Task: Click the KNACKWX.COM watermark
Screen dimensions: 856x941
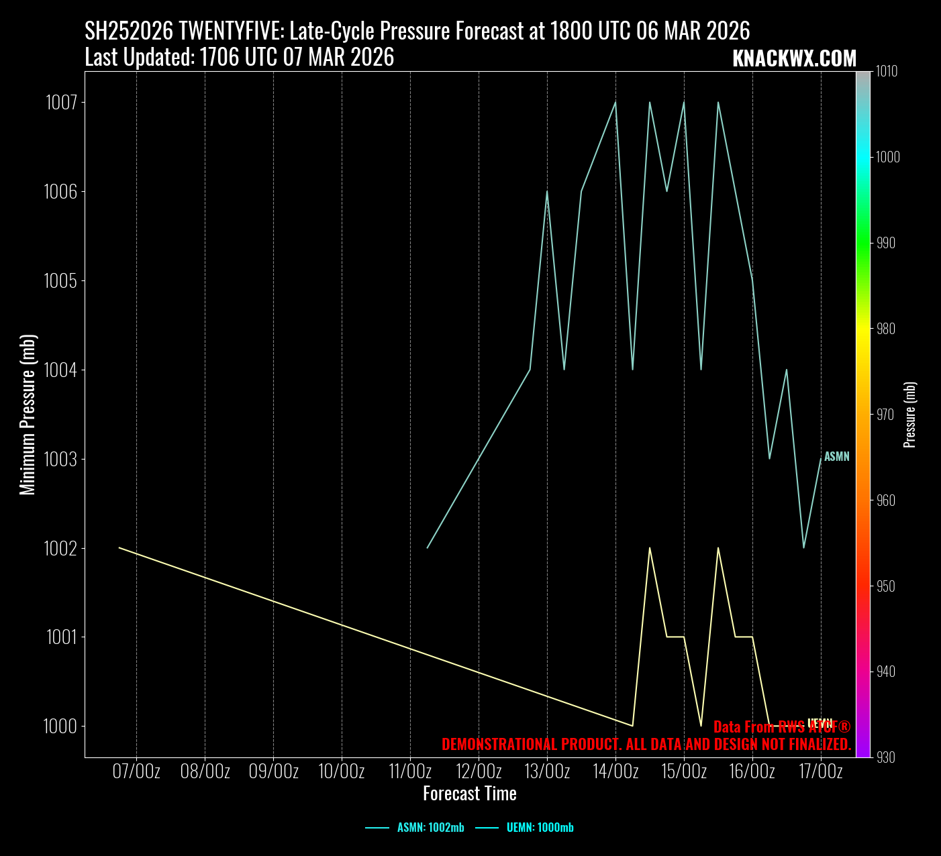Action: (794, 59)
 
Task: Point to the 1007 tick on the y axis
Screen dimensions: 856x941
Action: (61, 103)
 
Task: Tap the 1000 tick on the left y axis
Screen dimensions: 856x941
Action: (61, 726)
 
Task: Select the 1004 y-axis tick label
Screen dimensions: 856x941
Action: (61, 370)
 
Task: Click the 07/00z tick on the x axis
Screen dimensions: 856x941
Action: (136, 771)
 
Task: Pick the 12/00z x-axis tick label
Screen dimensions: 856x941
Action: (479, 771)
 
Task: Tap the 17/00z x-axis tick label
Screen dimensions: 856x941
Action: (821, 771)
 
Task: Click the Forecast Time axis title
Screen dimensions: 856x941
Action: (470, 794)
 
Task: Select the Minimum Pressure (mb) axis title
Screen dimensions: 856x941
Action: (28, 415)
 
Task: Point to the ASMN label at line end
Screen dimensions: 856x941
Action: (836, 457)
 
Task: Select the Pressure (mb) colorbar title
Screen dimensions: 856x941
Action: (910, 415)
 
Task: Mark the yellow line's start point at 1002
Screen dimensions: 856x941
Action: (119, 548)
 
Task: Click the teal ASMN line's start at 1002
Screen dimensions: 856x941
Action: (428, 548)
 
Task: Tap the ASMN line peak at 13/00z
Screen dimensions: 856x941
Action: (547, 191)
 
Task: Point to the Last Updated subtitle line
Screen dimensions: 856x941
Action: (239, 58)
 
